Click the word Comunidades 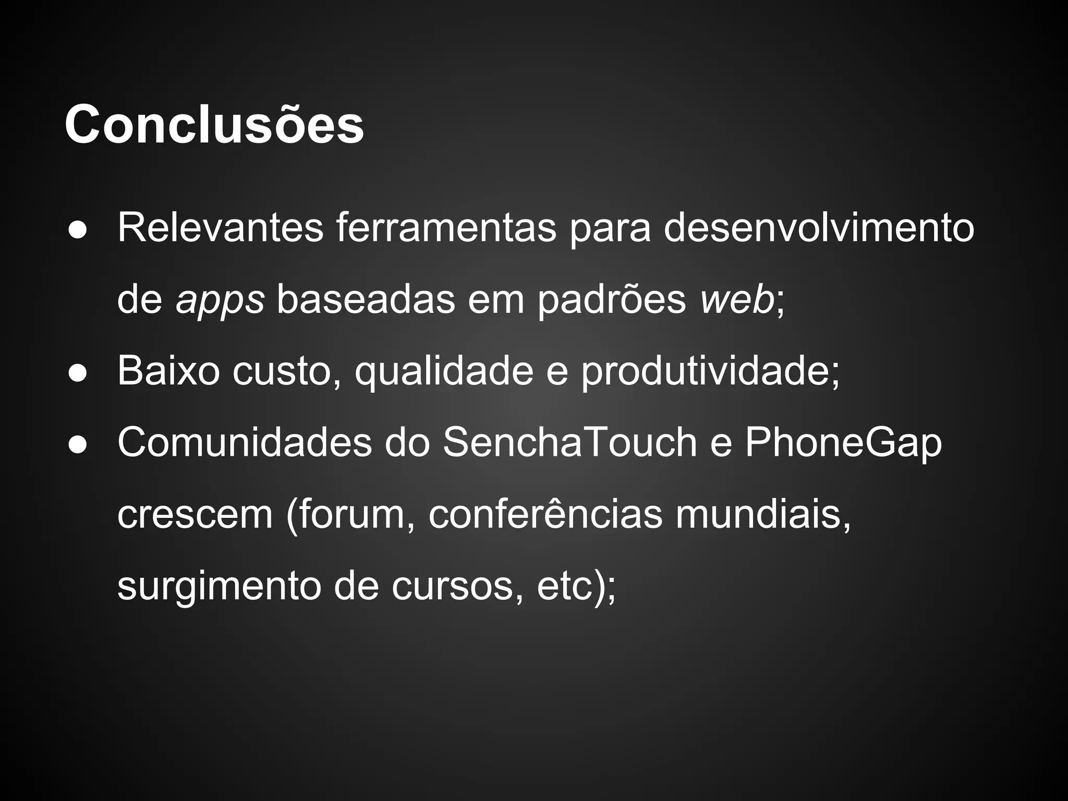pos(245,442)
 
